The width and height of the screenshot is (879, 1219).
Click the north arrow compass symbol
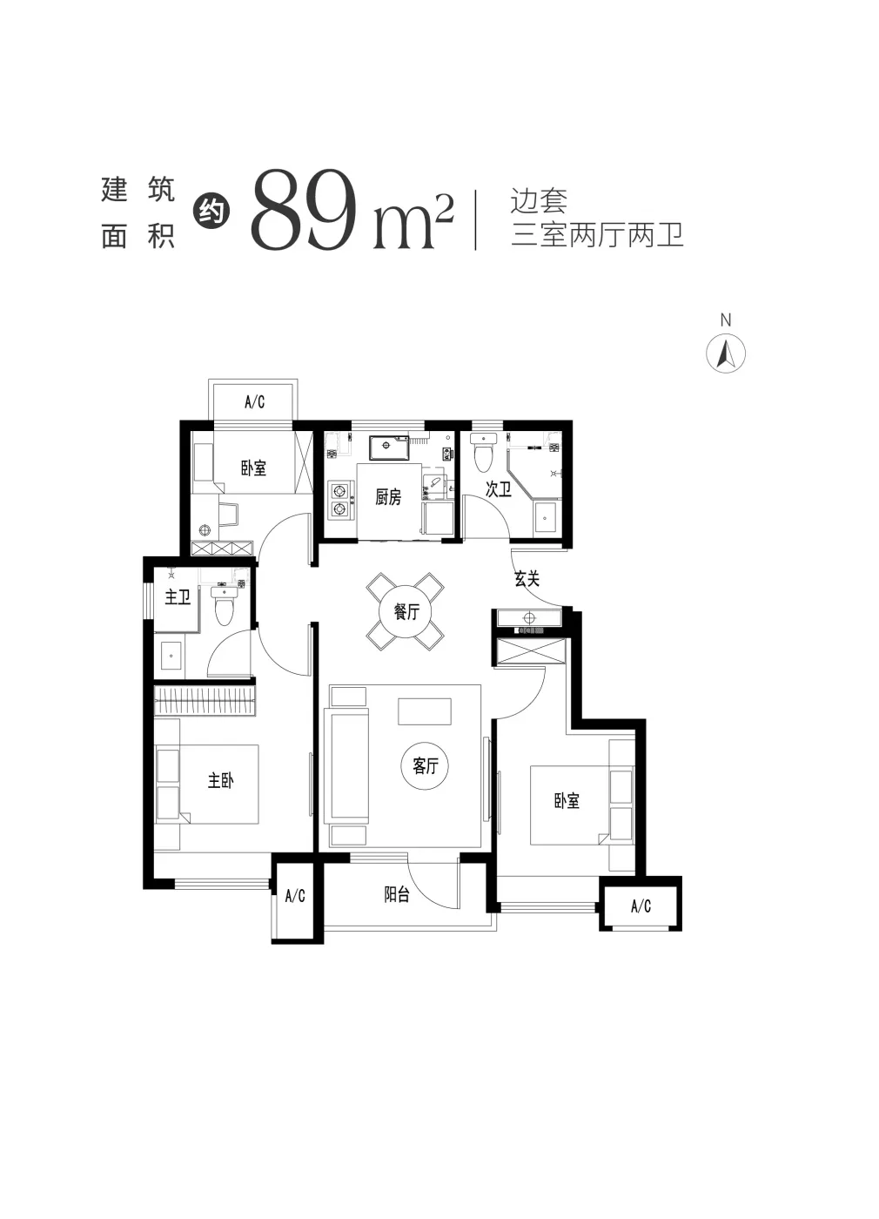coord(726,354)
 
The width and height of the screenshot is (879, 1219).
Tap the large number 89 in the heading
coord(305,210)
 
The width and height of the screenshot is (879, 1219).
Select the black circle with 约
coord(211,211)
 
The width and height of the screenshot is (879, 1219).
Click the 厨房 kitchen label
coord(388,497)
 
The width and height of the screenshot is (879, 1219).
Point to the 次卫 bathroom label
coord(498,489)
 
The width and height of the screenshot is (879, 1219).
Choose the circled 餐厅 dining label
coord(406,611)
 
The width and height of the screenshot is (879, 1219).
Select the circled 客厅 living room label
coord(426,766)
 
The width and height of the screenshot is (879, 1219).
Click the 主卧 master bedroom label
coord(220,781)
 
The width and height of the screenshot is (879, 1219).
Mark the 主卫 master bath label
coord(178,597)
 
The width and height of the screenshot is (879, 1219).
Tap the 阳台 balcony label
coord(397,895)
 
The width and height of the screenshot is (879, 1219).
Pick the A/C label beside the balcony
coord(295,896)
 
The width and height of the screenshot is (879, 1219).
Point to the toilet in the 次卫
coord(482,452)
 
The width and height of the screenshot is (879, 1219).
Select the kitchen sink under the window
coord(388,448)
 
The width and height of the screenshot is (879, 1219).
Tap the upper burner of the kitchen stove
coord(340,492)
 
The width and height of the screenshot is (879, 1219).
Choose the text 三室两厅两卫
coord(597,235)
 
